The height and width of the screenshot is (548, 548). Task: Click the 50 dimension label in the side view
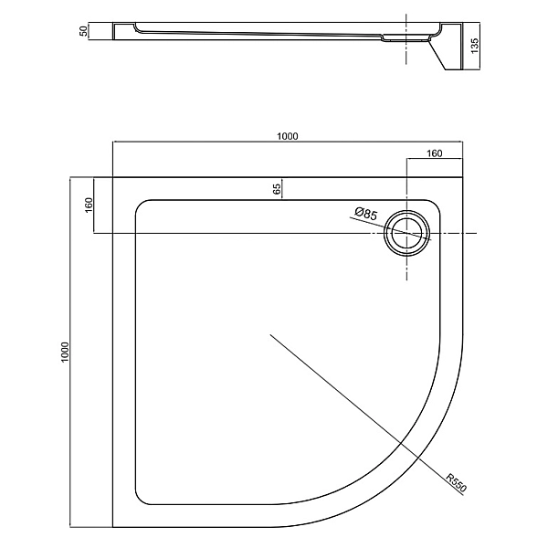click(x=83, y=30)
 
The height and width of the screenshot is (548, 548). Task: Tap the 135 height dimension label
click(x=475, y=46)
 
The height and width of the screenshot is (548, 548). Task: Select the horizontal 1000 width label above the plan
click(x=288, y=136)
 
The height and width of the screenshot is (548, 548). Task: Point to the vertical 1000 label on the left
click(x=65, y=353)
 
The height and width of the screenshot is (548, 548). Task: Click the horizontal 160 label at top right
click(x=435, y=153)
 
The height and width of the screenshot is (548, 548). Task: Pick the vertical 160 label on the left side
click(x=89, y=205)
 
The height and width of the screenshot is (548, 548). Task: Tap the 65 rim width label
click(x=276, y=189)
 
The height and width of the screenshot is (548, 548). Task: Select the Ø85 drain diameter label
click(x=366, y=214)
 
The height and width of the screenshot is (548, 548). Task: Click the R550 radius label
click(x=457, y=483)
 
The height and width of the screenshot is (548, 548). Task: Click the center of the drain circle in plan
click(x=406, y=233)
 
